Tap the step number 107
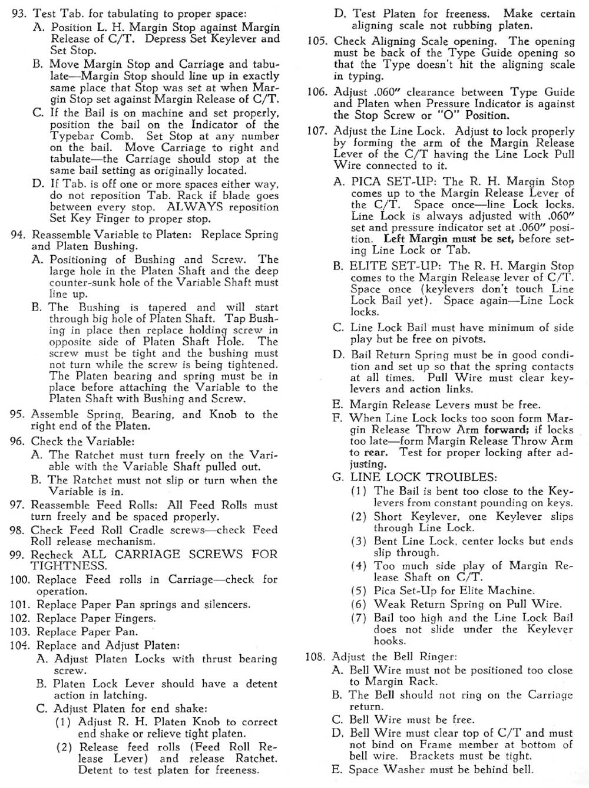pyautogui.click(x=317, y=131)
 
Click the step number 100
pyautogui.click(x=20, y=579)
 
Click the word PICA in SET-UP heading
pyautogui.click(x=366, y=182)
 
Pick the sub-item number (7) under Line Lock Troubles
pyautogui.click(x=359, y=618)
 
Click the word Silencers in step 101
pyautogui.click(x=227, y=604)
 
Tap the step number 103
pyautogui.click(x=20, y=631)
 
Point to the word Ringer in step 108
pyautogui.click(x=437, y=657)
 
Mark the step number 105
pyautogui.click(x=317, y=41)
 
